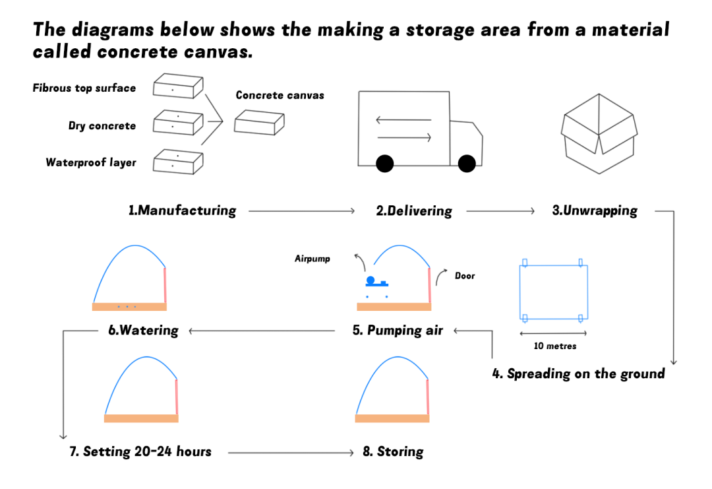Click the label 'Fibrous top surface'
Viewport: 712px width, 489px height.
pos(84,88)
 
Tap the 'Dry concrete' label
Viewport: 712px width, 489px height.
pos(102,126)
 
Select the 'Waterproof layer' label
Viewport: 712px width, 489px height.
pos(91,162)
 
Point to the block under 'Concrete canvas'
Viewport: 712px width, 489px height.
pos(259,123)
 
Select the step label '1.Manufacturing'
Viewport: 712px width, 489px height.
pos(182,211)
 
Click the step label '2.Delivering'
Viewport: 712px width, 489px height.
pos(414,211)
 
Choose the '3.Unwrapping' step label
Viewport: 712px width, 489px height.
pos(595,211)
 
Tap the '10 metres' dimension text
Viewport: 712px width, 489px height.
pos(554,346)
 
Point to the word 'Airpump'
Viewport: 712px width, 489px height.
pos(312,259)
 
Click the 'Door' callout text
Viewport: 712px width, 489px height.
pos(465,276)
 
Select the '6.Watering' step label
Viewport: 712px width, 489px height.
pos(143,330)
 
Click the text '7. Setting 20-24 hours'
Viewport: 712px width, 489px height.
pos(140,452)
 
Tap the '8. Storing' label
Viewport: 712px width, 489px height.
pos(393,452)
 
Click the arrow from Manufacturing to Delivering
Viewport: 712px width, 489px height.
pos(302,211)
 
